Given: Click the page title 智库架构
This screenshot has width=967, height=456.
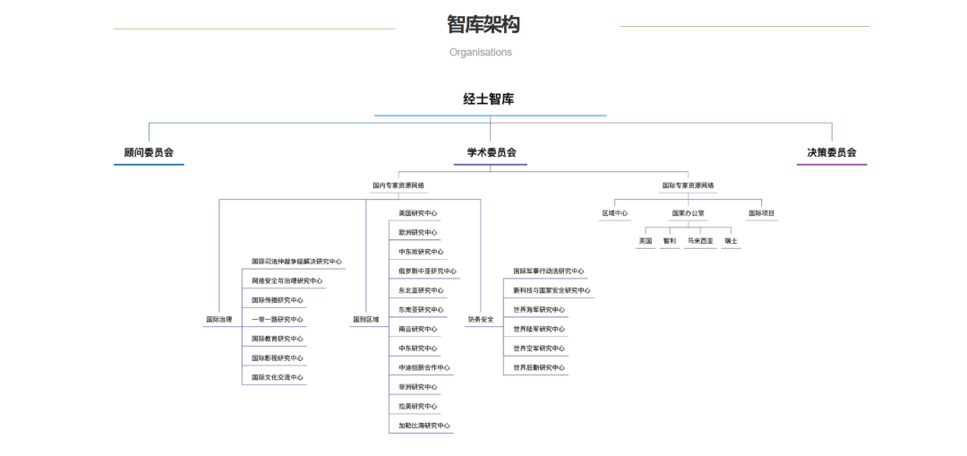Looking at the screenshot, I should point(483,24).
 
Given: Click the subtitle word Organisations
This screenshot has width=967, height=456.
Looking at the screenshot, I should point(481,52).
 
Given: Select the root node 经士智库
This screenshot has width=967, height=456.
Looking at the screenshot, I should point(489,99).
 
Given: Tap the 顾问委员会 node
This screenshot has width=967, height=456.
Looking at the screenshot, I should point(149,152).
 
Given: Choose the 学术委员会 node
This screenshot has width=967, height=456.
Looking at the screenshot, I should point(492,152).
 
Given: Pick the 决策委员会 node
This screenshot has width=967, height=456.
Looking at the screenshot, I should point(832,152).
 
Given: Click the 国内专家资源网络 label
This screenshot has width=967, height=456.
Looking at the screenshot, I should point(398,185).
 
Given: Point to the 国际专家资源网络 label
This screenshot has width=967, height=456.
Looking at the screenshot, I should point(689,185).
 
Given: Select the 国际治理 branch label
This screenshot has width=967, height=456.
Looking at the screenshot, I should point(218,319).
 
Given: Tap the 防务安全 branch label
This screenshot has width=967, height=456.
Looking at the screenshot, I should point(481,319).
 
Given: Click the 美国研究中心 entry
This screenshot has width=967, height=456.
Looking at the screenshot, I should point(418,213).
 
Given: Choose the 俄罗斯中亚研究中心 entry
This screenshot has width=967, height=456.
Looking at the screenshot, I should point(427,271).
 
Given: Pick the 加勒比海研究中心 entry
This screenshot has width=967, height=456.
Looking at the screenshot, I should point(424,426).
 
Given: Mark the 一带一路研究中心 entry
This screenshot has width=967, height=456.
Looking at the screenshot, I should point(278,319).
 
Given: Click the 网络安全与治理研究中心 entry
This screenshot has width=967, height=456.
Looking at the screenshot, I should point(287,280).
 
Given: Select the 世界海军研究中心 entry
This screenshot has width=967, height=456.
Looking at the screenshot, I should point(539,309).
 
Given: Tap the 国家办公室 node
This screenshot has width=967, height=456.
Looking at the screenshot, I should point(689,213).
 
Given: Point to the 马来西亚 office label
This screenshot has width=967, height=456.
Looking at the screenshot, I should point(701,241).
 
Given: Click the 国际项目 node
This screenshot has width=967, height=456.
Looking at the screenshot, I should point(762,213).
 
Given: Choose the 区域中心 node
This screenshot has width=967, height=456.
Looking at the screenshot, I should point(614,213).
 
